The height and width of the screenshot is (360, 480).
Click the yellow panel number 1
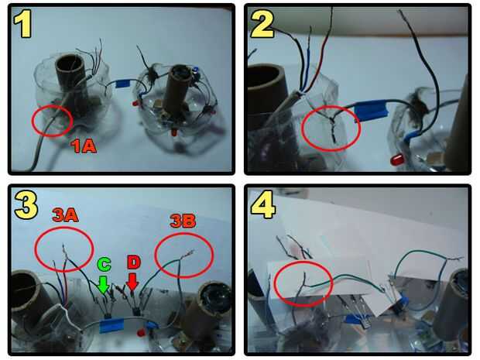22,23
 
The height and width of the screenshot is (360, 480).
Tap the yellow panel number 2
262,24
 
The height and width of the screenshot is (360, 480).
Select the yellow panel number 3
26,204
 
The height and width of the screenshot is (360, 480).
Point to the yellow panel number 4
263,204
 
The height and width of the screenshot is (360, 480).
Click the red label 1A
84,146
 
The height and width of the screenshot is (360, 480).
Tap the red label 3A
65,215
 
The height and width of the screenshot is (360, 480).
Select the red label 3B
183,221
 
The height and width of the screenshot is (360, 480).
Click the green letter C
104,265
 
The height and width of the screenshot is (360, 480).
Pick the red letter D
133,263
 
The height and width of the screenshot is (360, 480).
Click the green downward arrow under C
104,285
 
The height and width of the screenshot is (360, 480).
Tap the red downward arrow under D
132,281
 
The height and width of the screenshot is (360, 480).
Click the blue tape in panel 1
123,84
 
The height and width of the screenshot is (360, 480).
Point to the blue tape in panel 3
112,325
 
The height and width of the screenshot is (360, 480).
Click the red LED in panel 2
397,159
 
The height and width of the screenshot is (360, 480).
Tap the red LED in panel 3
141,332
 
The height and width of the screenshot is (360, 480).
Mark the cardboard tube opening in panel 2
266,81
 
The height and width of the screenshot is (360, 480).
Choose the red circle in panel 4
303,283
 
